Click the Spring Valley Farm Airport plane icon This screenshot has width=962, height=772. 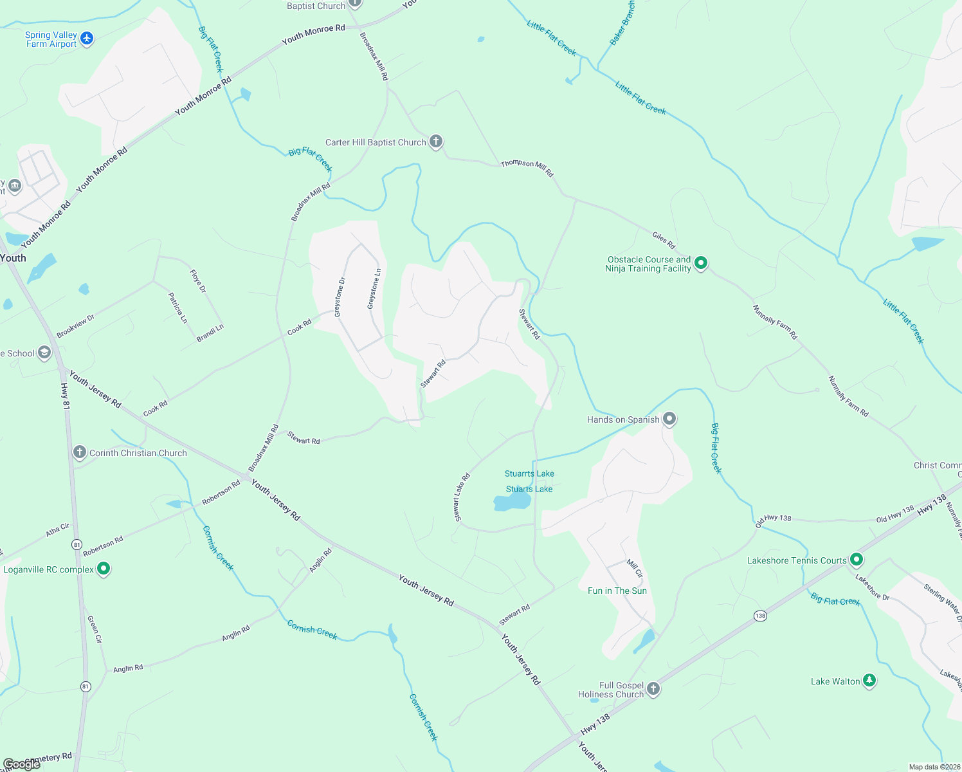[x=87, y=39]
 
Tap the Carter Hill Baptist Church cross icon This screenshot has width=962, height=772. [x=436, y=142]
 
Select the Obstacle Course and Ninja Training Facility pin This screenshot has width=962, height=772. [x=701, y=263]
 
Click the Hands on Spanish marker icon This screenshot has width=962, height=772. [x=669, y=419]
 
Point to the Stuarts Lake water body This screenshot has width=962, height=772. [x=512, y=502]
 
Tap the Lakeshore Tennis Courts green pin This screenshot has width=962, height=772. [x=856, y=560]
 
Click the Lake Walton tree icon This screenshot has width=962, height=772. [x=869, y=681]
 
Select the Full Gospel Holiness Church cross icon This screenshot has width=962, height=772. [x=653, y=689]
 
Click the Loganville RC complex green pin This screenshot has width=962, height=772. [x=104, y=569]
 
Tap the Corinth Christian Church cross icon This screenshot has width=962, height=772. [x=80, y=452]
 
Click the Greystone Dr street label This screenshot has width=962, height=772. [x=340, y=297]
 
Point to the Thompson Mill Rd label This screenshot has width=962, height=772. [x=527, y=168]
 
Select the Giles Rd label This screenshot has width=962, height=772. [x=664, y=241]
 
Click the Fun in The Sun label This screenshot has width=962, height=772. [x=617, y=591]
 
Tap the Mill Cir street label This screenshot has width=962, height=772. [x=635, y=568]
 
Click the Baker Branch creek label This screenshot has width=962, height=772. [x=622, y=23]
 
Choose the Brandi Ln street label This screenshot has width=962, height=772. [x=210, y=333]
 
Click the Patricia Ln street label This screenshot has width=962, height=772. [x=177, y=308]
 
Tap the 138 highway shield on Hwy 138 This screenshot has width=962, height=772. [x=760, y=616]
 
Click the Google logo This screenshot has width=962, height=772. [x=22, y=764]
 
